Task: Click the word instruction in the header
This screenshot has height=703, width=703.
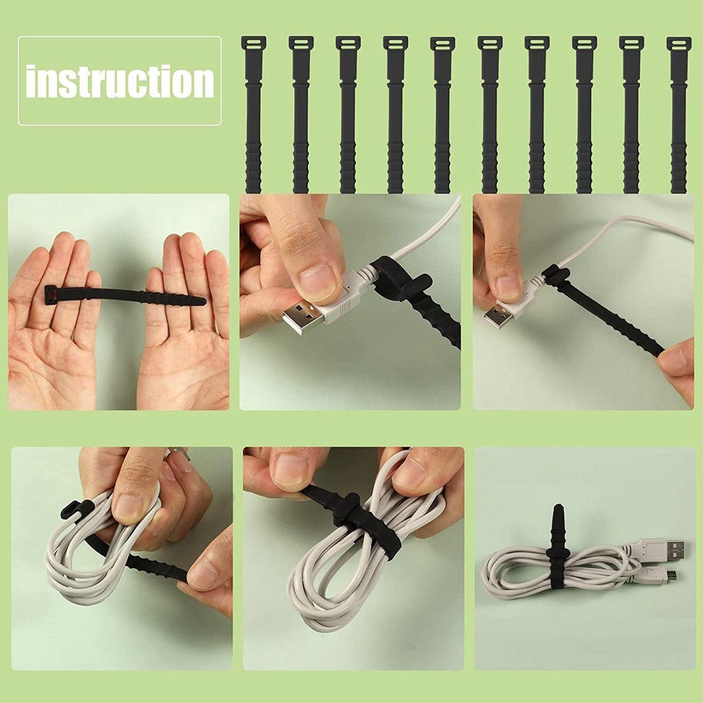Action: (x=119, y=81)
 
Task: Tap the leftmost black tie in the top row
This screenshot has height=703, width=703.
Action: (x=253, y=117)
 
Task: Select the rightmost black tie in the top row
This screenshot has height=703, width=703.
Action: (x=678, y=117)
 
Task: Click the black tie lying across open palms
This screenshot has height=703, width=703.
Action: (x=124, y=296)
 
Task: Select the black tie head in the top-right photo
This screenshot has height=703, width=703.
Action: (x=555, y=275)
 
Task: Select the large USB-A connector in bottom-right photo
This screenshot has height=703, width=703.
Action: (x=665, y=549)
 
